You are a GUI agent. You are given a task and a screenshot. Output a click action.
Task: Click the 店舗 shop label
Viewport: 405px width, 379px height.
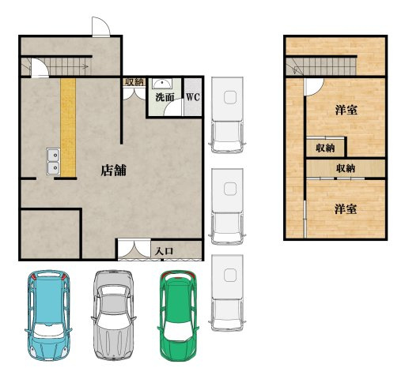[114, 171]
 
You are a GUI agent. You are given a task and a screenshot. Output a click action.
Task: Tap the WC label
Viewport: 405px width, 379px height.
[193, 97]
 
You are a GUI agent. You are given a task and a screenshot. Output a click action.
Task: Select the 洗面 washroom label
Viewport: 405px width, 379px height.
[165, 97]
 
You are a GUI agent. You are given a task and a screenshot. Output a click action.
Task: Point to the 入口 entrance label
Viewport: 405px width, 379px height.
[164, 251]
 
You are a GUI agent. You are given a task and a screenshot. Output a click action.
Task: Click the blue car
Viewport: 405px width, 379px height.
[48, 315]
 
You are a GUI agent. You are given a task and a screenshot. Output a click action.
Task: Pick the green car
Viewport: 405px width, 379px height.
[178, 316]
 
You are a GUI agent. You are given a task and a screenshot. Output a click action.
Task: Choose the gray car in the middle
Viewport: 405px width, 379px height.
[113, 315]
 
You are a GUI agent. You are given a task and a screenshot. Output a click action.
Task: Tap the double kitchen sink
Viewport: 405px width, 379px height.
[53, 161]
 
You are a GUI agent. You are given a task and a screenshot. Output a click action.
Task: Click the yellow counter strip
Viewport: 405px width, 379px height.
[68, 127]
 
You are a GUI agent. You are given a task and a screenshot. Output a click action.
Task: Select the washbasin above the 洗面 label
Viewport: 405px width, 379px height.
[162, 84]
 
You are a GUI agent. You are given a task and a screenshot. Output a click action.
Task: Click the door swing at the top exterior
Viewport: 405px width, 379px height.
[100, 26]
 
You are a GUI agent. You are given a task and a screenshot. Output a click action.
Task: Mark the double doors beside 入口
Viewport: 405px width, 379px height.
[134, 249]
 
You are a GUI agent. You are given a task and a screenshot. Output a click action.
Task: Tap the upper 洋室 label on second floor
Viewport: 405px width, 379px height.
[346, 110]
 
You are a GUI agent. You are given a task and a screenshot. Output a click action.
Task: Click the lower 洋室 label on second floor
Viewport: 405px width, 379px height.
[346, 209]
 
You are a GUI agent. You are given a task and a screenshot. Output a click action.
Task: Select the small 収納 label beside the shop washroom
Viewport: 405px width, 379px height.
[134, 82]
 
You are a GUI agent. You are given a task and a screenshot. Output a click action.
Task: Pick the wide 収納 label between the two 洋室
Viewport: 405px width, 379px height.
[346, 168]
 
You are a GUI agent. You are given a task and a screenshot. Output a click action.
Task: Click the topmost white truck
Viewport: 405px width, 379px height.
[227, 114]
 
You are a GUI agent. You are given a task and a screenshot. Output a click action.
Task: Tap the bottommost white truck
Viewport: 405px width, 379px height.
[227, 293]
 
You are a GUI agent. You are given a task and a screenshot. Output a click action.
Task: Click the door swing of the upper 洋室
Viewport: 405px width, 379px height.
[314, 87]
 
